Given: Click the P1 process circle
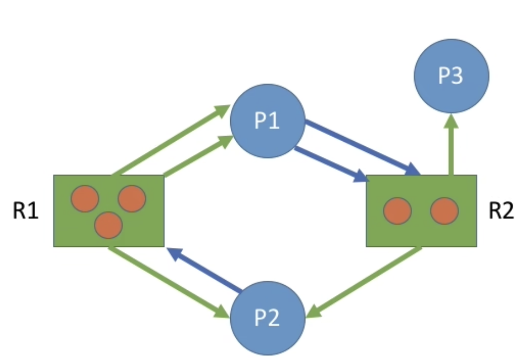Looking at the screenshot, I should tap(268, 121).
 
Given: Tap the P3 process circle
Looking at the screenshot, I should tap(451, 76).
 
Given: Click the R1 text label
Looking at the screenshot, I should tap(25, 211).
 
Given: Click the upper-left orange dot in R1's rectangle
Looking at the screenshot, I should tap(85, 198).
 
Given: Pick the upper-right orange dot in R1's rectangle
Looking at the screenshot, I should tap(132, 198).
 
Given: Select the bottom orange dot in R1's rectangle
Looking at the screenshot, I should tap(108, 225).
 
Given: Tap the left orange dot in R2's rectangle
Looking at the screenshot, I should tap(398, 211).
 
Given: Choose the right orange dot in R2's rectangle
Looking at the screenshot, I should tap(444, 211).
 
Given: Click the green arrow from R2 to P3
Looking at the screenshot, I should tap(451, 148).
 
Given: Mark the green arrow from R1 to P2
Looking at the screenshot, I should tap(166, 282).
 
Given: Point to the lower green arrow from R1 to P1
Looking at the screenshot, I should tap(196, 157).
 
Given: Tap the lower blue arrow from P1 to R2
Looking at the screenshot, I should tap(330, 164).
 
